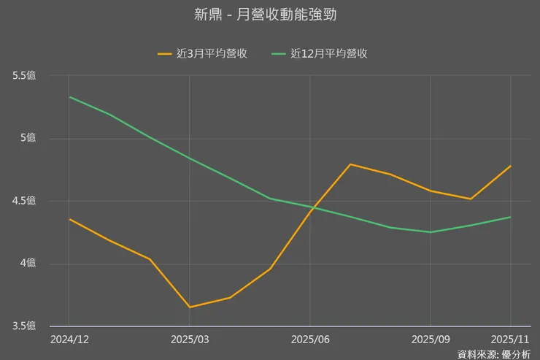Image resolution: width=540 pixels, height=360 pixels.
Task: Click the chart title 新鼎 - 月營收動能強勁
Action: pos(270,15)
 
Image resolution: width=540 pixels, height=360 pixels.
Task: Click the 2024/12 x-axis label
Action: pos(69,340)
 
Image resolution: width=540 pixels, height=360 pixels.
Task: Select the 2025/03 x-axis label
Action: pos(190,340)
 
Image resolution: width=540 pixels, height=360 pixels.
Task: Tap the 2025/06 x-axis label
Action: pos(310,340)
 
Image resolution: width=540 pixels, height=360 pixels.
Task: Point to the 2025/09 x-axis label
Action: pos(431,340)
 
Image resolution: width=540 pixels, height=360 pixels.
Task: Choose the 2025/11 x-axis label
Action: pos(510,340)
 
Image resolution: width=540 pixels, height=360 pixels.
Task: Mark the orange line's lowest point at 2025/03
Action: pos(190,307)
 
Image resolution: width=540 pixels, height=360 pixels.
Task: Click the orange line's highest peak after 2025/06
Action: pos(350,164)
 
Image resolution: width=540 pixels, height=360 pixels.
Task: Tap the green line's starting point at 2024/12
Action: pos(69,97)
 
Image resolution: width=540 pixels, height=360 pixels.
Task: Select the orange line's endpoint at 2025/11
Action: pos(511,166)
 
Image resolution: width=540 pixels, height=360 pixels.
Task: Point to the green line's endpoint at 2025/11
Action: pos(511,217)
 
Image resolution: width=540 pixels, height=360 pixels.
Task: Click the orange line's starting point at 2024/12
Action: pos(69,219)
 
